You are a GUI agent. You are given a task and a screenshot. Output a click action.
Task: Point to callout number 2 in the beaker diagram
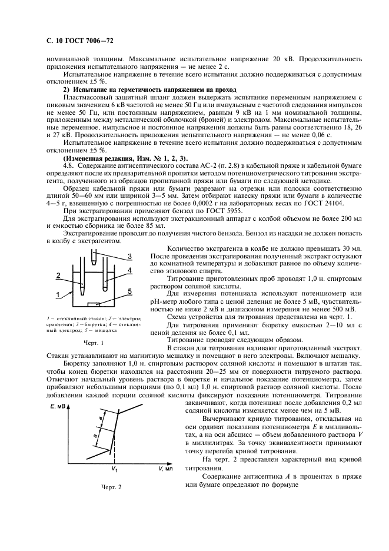click(x=58, y=274)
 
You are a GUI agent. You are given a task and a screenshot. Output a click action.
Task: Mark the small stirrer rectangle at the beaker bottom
click(x=92, y=304)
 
